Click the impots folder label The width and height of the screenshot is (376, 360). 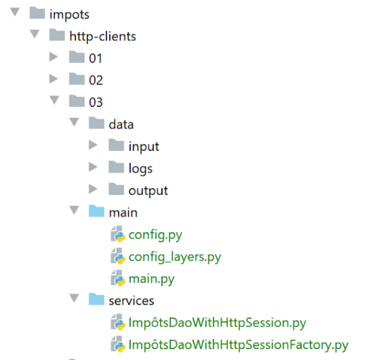(x=69, y=15)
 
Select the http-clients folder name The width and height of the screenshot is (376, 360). (x=103, y=37)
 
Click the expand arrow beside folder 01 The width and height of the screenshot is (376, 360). (x=54, y=57)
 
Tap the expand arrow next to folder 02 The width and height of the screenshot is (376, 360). (x=54, y=79)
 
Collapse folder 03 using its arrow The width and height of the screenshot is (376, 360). (x=54, y=100)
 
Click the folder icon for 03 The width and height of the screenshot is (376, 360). (x=77, y=100)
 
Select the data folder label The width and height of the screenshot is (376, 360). (x=121, y=124)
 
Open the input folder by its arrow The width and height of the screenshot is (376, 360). (x=93, y=145)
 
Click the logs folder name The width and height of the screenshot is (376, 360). (x=140, y=168)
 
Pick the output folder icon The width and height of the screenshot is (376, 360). (x=116, y=189)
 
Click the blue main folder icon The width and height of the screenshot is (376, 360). (x=96, y=211)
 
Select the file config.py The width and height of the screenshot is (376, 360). (x=155, y=235)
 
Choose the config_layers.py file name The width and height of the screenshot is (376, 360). (x=175, y=257)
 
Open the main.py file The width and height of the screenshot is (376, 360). (x=152, y=279)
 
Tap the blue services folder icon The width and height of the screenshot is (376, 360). (x=96, y=299)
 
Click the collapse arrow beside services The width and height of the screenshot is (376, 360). (x=74, y=298)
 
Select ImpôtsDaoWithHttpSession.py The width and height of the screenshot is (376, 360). (x=218, y=323)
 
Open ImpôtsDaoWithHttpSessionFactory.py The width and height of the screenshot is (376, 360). (x=239, y=345)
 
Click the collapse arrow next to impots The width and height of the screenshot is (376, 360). (x=15, y=12)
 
